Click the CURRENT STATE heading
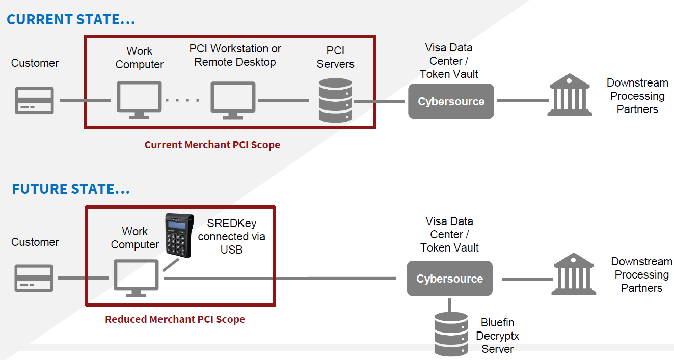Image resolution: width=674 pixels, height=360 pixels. [x=71, y=19]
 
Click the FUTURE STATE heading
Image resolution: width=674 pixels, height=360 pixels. [x=71, y=189]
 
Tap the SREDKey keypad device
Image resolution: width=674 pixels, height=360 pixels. [x=179, y=235]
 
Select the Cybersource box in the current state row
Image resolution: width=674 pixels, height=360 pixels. [x=451, y=101]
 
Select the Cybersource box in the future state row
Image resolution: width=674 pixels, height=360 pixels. [x=449, y=279]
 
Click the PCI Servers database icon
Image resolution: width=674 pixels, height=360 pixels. [x=335, y=101]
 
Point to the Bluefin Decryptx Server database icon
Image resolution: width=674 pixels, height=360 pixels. [x=451, y=334]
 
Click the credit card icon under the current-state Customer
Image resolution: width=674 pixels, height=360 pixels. [x=34, y=100]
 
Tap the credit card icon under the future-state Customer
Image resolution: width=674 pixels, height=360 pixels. [x=34, y=278]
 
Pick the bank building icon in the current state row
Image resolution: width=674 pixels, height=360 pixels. [x=570, y=95]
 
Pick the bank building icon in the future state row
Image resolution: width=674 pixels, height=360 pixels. [x=574, y=273]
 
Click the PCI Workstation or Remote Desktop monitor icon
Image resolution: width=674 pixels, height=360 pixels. [x=233, y=100]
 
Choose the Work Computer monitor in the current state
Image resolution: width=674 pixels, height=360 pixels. [x=139, y=100]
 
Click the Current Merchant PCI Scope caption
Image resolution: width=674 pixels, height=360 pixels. [x=212, y=145]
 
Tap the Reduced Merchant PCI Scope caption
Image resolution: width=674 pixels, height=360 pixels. [x=175, y=320]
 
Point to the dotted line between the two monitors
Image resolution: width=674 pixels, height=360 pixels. [x=182, y=100]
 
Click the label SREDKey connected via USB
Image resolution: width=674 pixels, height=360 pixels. [x=232, y=236]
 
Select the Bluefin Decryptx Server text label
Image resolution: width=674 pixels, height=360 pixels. [x=497, y=336]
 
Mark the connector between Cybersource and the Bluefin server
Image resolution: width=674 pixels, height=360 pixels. [x=450, y=304]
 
